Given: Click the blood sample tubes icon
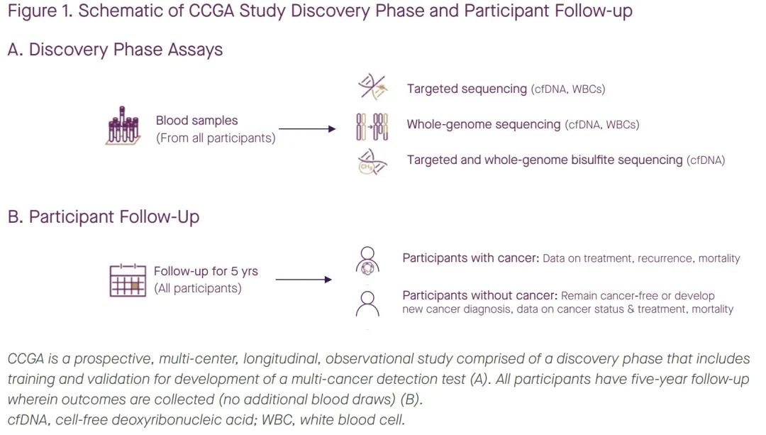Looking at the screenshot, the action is click(x=123, y=126).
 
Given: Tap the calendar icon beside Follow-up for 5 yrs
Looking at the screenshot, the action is click(x=128, y=280).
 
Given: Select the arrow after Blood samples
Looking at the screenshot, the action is click(x=307, y=129).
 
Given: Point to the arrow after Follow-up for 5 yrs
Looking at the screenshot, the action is click(x=304, y=280).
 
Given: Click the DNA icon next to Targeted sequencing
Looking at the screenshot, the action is click(x=373, y=87).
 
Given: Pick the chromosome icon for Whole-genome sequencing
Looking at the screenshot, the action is click(x=372, y=126).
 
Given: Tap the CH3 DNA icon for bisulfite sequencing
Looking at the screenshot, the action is click(x=372, y=163).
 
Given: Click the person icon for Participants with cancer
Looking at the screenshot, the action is click(x=367, y=260).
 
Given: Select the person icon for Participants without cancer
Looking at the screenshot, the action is click(x=367, y=304).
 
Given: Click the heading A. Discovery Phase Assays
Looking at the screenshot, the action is click(x=116, y=50).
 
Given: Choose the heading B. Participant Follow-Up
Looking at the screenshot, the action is click(x=104, y=216).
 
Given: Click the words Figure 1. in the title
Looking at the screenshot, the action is click(x=40, y=11).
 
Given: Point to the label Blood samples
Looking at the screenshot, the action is click(x=197, y=120).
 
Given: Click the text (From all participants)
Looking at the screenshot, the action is click(x=216, y=138).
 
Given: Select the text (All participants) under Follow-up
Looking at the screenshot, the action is click(x=198, y=288).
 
